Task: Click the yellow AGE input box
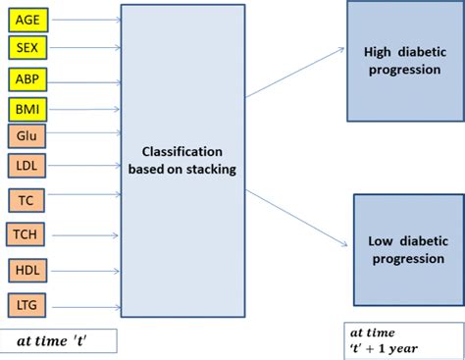pyautogui.click(x=26, y=18)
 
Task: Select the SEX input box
pyautogui.click(x=26, y=47)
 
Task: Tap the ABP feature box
pyautogui.click(x=26, y=78)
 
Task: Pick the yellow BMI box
pyautogui.click(x=26, y=109)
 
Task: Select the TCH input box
pyautogui.click(x=25, y=234)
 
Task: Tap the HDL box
pyautogui.click(x=25, y=269)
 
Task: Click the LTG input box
pyautogui.click(x=25, y=303)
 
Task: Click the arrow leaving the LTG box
pyautogui.click(x=80, y=304)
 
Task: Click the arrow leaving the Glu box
pyautogui.click(x=80, y=132)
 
